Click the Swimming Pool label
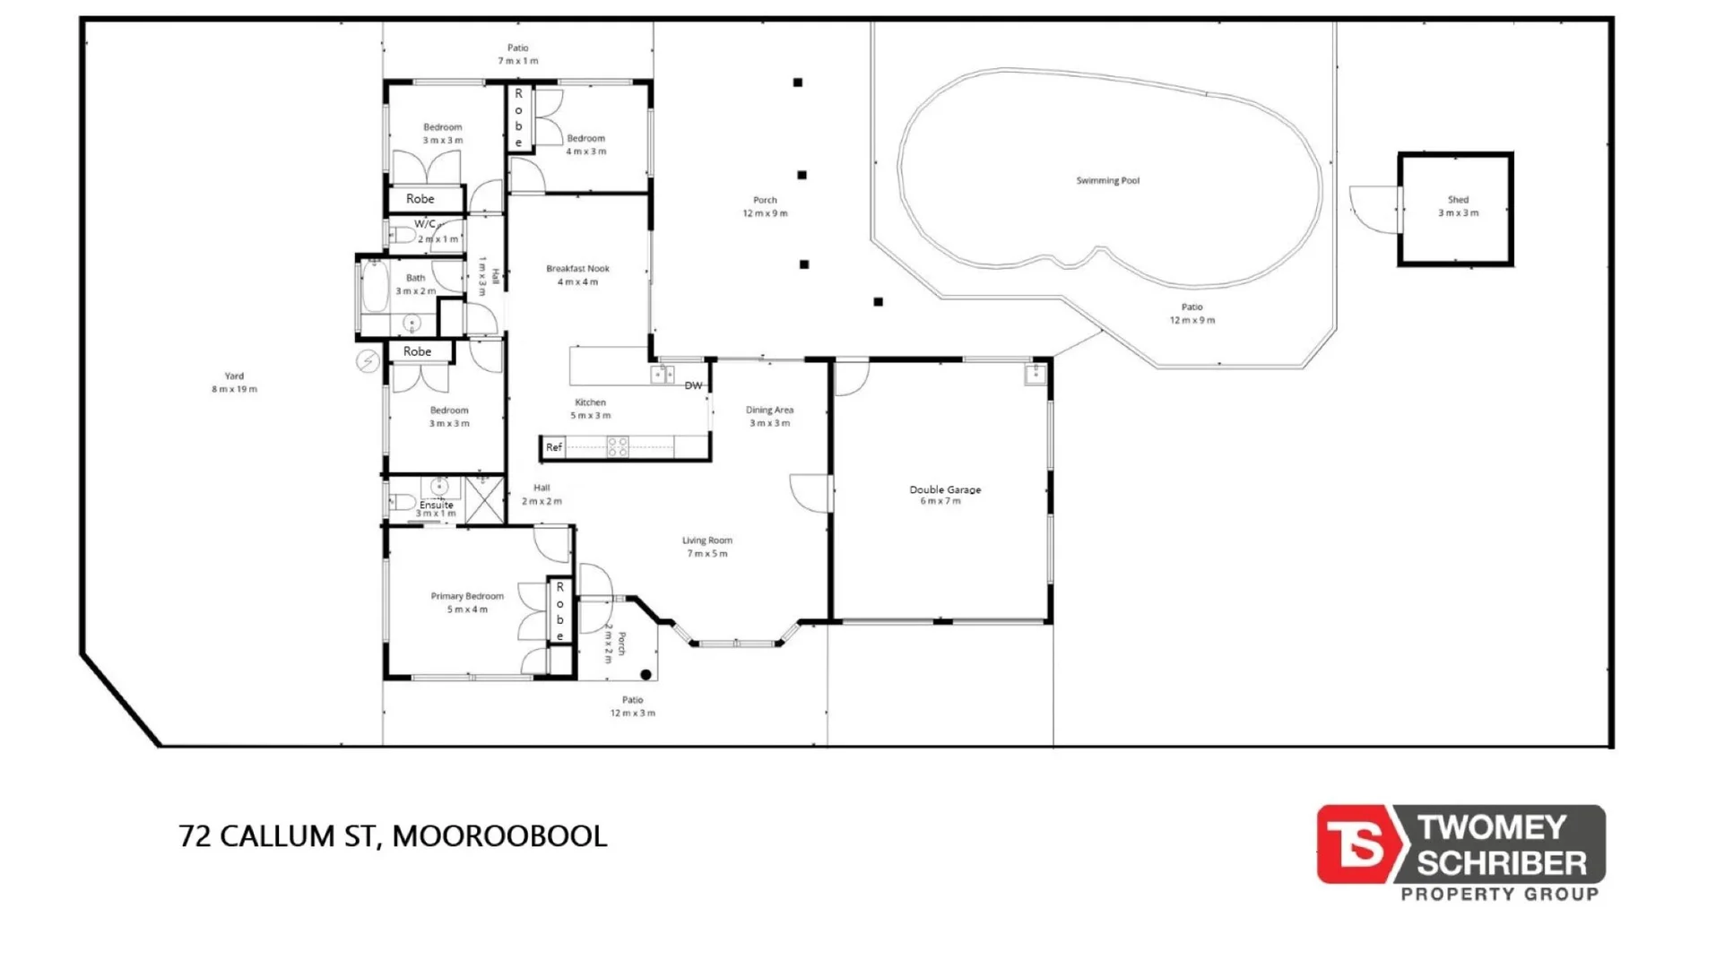tap(1107, 181)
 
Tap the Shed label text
tap(1458, 200)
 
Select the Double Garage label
tap(945, 489)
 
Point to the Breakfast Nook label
tap(577, 269)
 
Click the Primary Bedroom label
tap(467, 596)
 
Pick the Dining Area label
tap(769, 411)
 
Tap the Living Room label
tap(707, 540)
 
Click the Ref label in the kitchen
tap(554, 447)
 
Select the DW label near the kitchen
tap(693, 385)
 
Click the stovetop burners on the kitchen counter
tap(618, 446)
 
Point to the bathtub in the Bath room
tap(374, 286)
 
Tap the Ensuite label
tap(437, 505)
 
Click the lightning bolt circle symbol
tap(368, 361)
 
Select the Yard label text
tap(234, 376)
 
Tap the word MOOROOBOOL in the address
tap(499, 836)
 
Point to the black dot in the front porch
tap(646, 675)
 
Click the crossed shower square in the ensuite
tap(484, 500)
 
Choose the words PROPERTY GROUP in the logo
tap(1499, 894)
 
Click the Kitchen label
tap(590, 402)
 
